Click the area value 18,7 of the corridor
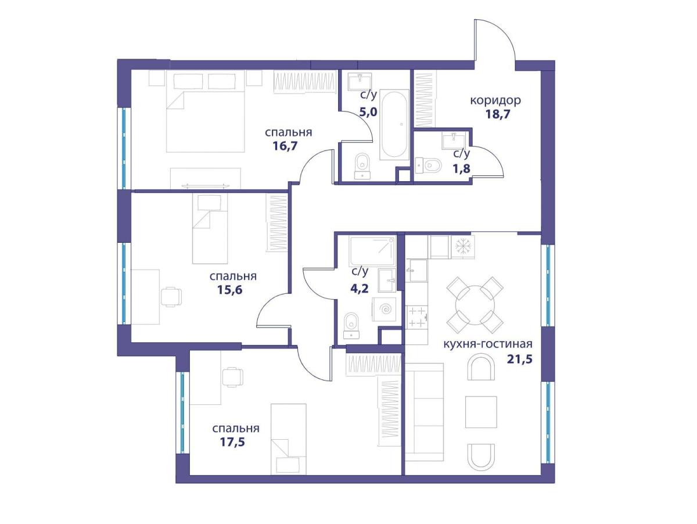[x=498, y=114]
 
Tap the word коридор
[x=495, y=101]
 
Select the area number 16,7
[x=285, y=146]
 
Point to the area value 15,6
[x=229, y=290]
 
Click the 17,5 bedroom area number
[x=232, y=442]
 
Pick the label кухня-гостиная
[x=488, y=344]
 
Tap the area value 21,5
[x=519, y=359]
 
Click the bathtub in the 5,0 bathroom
[x=394, y=124]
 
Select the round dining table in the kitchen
[x=475, y=305]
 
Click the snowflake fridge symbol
[x=463, y=246]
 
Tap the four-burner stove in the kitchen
[x=417, y=317]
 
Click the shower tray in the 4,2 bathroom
[x=372, y=251]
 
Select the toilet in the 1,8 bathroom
[x=429, y=165]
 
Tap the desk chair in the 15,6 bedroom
[x=171, y=297]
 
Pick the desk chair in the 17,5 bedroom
[x=233, y=377]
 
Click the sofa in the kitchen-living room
[x=424, y=412]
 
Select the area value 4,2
[x=360, y=288]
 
